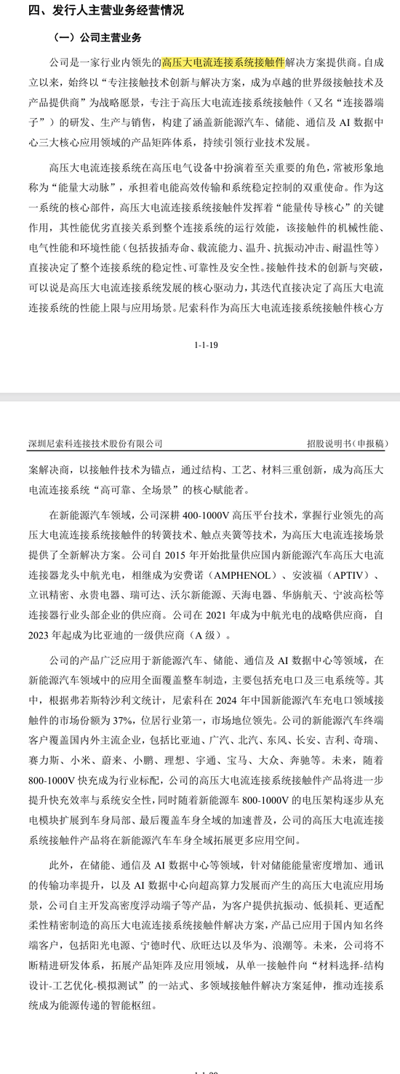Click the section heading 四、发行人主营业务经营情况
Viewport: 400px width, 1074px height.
(x=95, y=11)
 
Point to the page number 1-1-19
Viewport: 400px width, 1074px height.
(x=207, y=345)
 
